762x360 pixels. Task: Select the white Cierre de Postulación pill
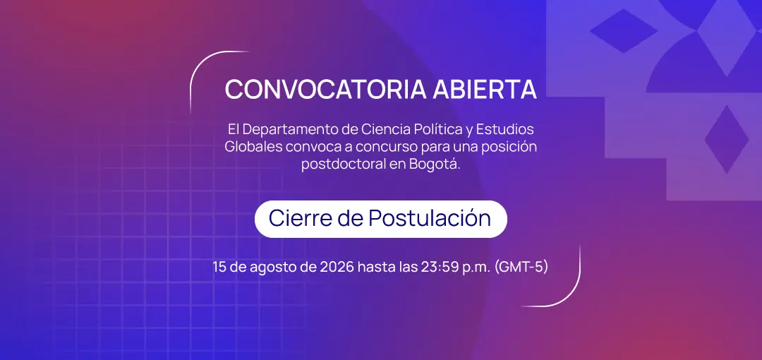pos(380,219)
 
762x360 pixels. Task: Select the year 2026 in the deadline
pos(337,267)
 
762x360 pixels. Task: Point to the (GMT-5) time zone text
pos(521,267)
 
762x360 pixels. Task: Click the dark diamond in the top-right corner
pos(624,30)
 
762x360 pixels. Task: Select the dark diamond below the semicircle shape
pos(727,139)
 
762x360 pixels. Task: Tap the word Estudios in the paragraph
pos(505,130)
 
